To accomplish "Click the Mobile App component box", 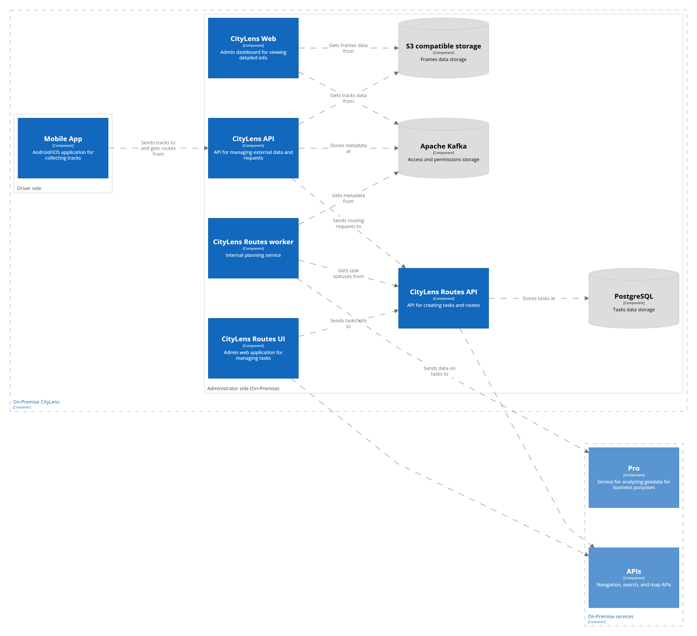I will tap(63, 148).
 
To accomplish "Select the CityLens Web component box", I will tap(253, 48).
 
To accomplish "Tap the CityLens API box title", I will tap(253, 139).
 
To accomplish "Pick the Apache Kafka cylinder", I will tap(443, 149).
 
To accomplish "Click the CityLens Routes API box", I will tap(443, 298).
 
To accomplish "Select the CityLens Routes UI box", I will tap(253, 348).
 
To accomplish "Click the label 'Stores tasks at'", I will tap(538, 298).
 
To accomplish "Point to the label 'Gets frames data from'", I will tap(348, 48).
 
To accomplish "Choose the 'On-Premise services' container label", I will tap(610, 616).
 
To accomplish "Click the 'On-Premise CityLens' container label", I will tap(36, 402).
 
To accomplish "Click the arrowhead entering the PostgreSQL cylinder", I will tap(586, 298).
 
